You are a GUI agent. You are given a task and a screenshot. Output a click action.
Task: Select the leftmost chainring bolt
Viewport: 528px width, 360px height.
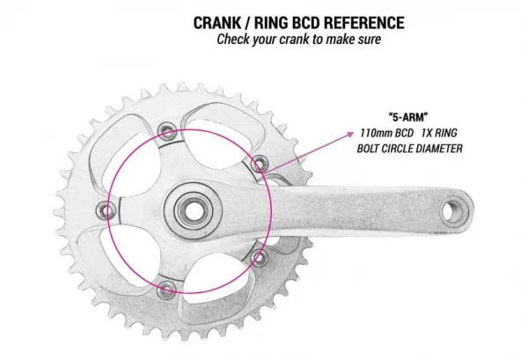point(107,209)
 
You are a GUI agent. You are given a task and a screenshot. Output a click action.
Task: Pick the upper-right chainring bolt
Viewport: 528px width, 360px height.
point(258,163)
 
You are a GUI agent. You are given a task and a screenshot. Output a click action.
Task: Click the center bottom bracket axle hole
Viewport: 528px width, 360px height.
point(188,209)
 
